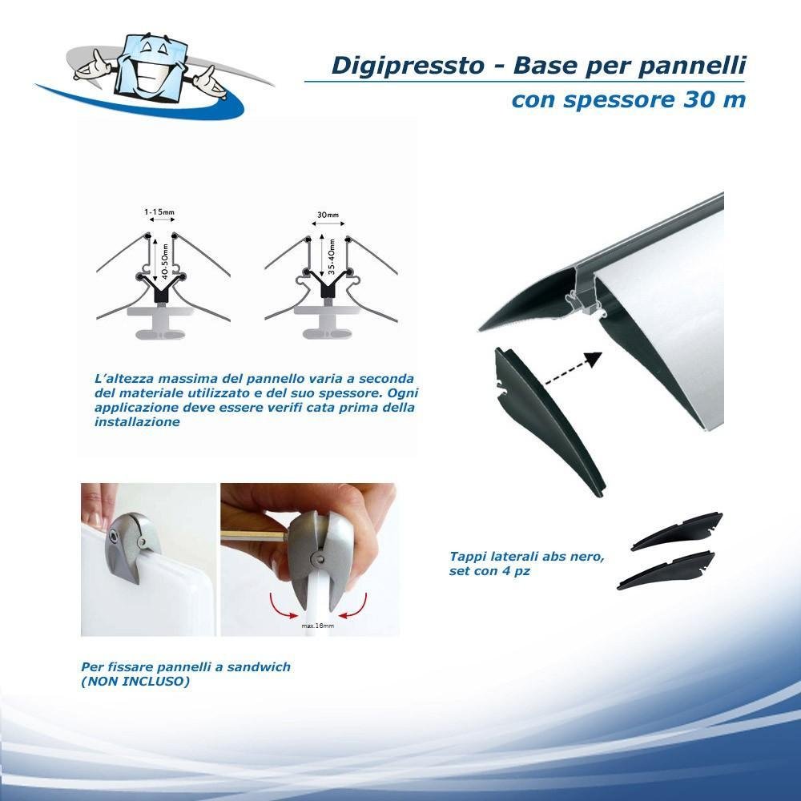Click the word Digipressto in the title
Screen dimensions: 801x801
point(407,66)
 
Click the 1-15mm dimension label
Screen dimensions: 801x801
point(159,211)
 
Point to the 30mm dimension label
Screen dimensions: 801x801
point(328,215)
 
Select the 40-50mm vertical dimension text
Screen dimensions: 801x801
point(164,261)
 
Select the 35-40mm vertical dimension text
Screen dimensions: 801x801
point(332,256)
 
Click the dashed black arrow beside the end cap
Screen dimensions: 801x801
point(573,368)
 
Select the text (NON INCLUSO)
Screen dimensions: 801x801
point(135,681)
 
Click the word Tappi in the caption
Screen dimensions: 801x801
point(466,557)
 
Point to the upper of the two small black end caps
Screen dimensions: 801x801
point(677,532)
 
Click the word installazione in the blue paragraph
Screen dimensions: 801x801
point(137,422)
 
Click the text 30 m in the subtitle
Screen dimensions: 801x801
point(714,99)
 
